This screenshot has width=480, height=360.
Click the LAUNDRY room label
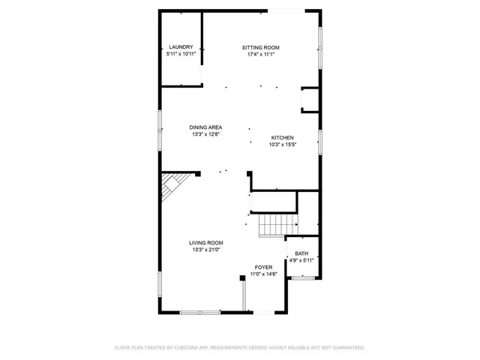[x=181, y=47]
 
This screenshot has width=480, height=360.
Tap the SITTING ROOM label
[x=260, y=47]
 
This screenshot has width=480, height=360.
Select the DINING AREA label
[x=205, y=127]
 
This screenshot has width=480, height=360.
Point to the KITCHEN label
[x=282, y=138]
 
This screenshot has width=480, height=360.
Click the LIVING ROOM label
[x=205, y=242]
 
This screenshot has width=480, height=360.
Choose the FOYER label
[x=263, y=267]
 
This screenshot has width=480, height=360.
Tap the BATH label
[x=301, y=253]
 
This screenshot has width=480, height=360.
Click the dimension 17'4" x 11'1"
[x=260, y=54]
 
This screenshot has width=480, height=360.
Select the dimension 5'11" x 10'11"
[x=181, y=54]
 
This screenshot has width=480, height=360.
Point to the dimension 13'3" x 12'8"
[x=205, y=135]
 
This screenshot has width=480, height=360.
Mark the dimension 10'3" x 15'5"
[x=283, y=145]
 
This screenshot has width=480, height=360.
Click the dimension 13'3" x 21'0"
[x=205, y=250]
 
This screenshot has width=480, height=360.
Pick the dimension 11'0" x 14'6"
[x=263, y=274]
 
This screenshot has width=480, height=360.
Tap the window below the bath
[x=302, y=278]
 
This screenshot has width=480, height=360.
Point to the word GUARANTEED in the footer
[x=348, y=347]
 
